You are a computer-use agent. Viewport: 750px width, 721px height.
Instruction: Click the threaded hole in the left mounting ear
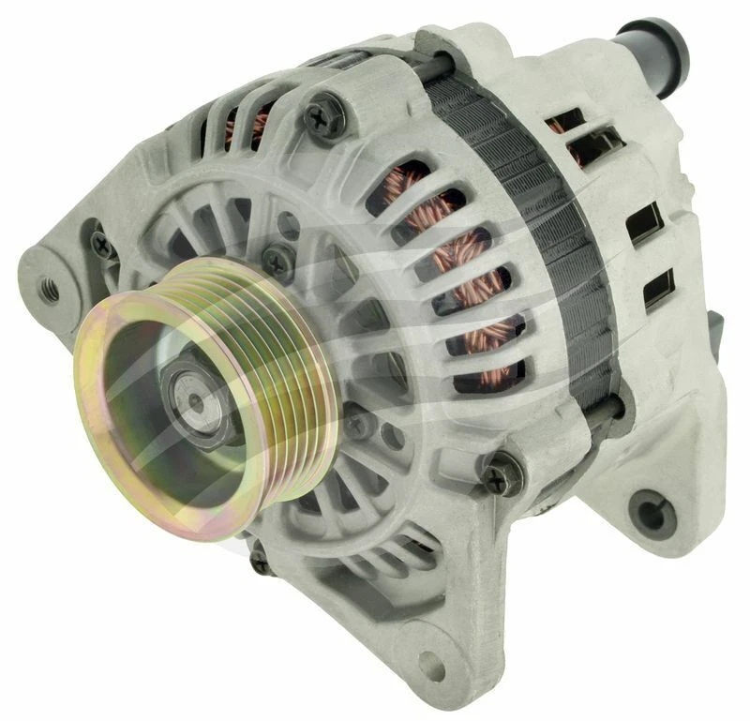49,289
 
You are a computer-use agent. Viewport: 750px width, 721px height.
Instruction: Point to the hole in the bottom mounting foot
433,667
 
